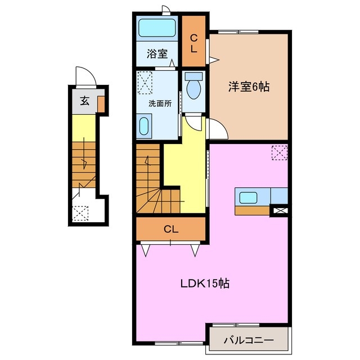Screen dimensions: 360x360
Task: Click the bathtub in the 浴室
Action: (157, 28)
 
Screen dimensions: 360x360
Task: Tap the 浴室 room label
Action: (157, 54)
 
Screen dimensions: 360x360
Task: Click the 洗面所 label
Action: (160, 103)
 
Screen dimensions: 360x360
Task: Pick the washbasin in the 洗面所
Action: (144, 126)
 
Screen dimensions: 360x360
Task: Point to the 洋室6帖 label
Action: (249, 87)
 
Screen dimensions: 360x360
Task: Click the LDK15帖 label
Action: (205, 283)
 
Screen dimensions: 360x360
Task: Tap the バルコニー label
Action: (249, 340)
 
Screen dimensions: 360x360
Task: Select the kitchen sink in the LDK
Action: (248, 197)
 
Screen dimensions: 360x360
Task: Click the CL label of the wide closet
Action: (171, 229)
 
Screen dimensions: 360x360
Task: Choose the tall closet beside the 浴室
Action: (193, 41)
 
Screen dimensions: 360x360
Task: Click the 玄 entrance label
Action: (85, 101)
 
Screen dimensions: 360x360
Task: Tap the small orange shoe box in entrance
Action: (101, 104)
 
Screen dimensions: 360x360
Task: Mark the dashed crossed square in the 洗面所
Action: (145, 83)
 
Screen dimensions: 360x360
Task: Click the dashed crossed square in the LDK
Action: (280, 152)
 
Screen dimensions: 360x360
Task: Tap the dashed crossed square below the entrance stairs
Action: (80, 214)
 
